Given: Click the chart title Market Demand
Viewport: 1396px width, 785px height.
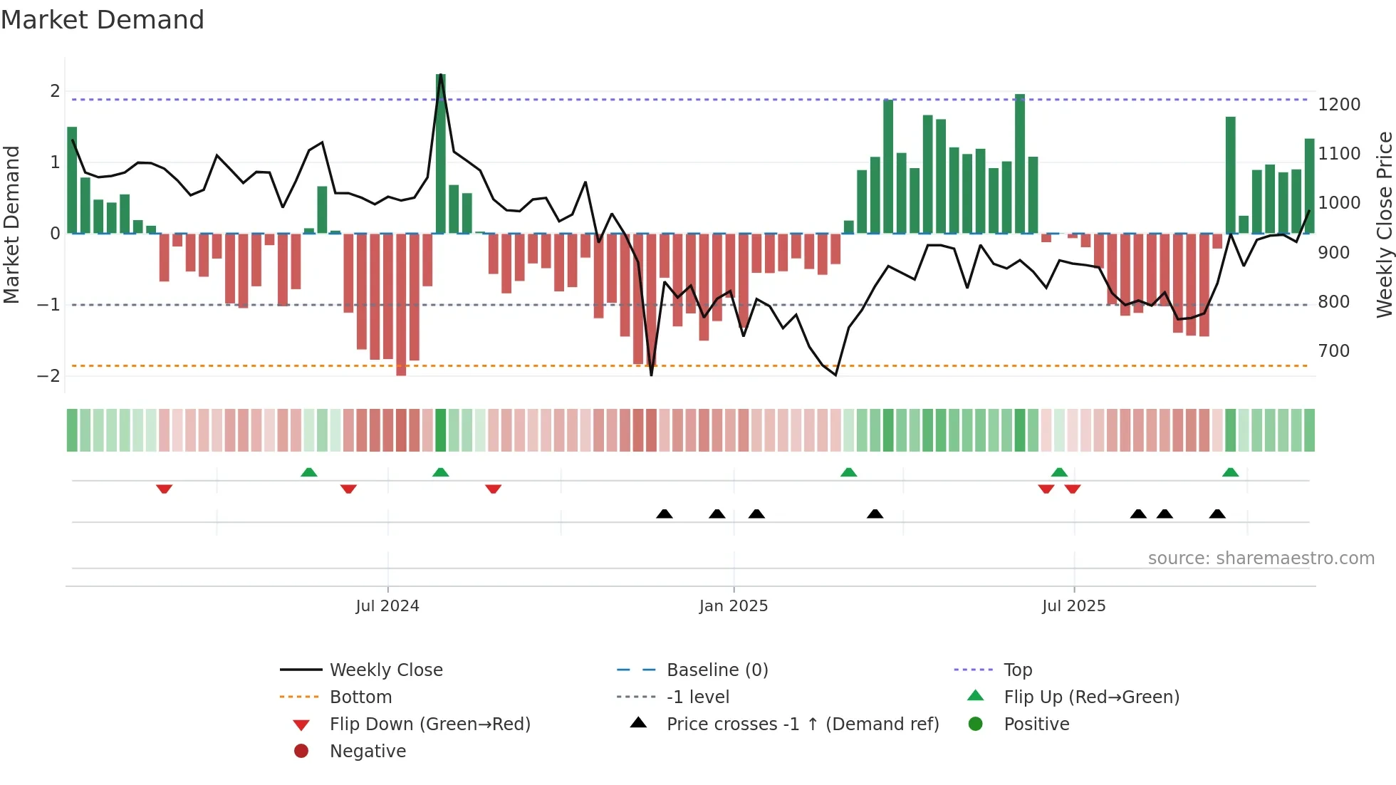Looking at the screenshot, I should coord(103,20).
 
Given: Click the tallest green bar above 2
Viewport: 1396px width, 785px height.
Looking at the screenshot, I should coord(441,153).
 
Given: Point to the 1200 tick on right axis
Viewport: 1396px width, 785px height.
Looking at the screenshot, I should coord(1339,105).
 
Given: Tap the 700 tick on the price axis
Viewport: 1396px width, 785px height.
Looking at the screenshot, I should coord(1334,351).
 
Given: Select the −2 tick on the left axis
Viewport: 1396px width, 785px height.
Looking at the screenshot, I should coord(48,376).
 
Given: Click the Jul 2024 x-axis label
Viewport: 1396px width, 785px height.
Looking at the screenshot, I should coord(387,606).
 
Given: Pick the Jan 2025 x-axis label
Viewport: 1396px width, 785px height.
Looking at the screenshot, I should coord(734,606).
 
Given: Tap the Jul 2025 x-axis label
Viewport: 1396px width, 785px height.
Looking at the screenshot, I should coord(1073,606).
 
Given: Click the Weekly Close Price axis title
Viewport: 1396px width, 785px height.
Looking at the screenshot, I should coord(1384,224).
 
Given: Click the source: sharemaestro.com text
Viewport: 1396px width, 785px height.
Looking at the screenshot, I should coord(1261,558).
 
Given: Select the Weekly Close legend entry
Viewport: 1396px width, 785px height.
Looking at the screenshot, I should coord(385,670).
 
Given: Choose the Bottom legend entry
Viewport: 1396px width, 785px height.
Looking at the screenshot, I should coord(360,697).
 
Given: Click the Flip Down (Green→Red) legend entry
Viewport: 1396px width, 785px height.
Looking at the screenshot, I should coord(429,724).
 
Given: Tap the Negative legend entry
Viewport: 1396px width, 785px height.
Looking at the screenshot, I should coord(368,752).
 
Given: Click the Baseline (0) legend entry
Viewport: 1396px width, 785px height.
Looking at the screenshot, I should coord(717,670).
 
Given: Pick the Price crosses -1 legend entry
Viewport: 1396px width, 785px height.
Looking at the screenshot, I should coord(802,724).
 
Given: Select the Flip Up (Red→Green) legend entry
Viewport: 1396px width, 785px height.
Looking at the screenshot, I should coord(1091,697).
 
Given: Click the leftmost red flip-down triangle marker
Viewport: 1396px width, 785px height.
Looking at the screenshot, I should coord(165,489).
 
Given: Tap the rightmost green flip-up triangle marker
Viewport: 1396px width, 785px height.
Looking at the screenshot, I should coord(1230,472).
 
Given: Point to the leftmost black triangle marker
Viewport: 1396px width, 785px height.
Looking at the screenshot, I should coord(664,514).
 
